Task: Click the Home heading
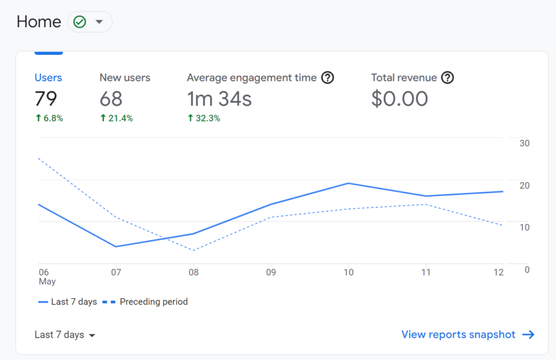[x=39, y=22]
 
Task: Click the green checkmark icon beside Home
[x=80, y=22]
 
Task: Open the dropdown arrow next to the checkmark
[x=99, y=22]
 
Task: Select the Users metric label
[x=48, y=78]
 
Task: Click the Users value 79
[x=46, y=99]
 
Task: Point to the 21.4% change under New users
[x=117, y=118]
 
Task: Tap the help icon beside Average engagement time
[x=327, y=78]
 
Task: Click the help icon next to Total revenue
[x=447, y=78]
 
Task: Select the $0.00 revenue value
[x=400, y=99]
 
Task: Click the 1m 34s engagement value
[x=219, y=99]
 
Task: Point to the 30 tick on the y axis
[x=524, y=143]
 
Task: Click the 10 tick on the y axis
[x=524, y=227]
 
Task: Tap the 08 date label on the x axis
[x=194, y=273]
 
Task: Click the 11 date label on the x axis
[x=426, y=273]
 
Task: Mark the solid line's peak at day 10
[x=348, y=184]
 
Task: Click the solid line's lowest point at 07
[x=116, y=247]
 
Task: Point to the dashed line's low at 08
[x=193, y=250]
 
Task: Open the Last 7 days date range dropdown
[x=65, y=335]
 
